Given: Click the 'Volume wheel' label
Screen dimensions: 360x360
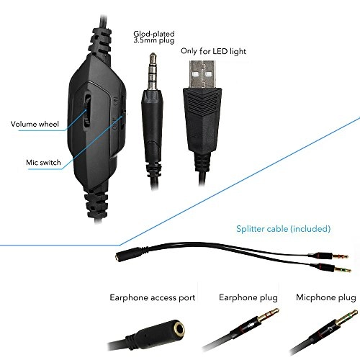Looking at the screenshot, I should (35, 122).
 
